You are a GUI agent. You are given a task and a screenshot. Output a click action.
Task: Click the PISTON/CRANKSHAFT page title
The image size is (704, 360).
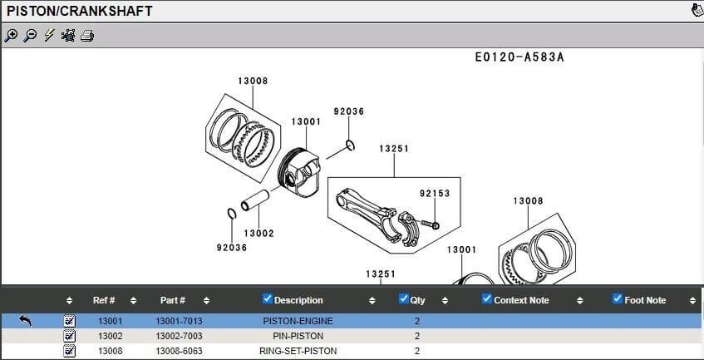click(x=80, y=12)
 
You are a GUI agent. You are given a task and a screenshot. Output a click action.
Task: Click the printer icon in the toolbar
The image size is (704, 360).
click(x=87, y=35)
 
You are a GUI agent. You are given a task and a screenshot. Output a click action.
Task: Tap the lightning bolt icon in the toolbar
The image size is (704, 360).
click(x=49, y=35)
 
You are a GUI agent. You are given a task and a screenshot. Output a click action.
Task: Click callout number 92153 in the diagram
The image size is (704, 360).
click(x=434, y=194)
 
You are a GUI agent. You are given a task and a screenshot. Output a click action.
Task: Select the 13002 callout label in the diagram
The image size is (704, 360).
click(x=258, y=234)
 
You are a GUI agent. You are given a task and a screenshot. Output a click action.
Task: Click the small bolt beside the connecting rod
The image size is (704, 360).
click(x=430, y=224)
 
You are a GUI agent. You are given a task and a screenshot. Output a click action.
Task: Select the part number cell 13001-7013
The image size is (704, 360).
click(x=179, y=321)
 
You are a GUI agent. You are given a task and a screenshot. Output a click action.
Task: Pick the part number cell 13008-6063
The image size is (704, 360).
click(x=179, y=351)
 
